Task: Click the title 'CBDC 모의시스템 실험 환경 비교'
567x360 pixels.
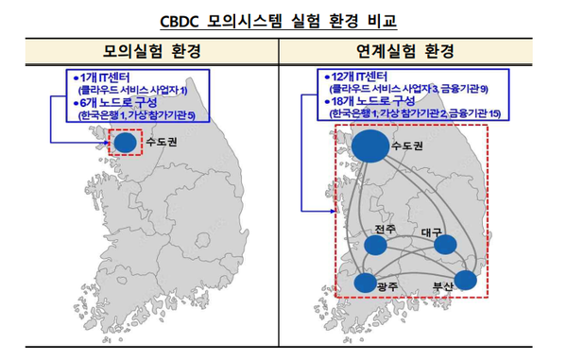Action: (x=283, y=17)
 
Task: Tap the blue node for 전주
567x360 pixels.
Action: (x=376, y=246)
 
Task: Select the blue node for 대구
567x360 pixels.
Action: (x=444, y=245)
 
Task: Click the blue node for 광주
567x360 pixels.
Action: (x=364, y=282)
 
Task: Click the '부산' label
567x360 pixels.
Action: (x=443, y=285)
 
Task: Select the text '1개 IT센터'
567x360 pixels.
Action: (x=104, y=75)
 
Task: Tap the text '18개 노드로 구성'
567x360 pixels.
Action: (x=374, y=100)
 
